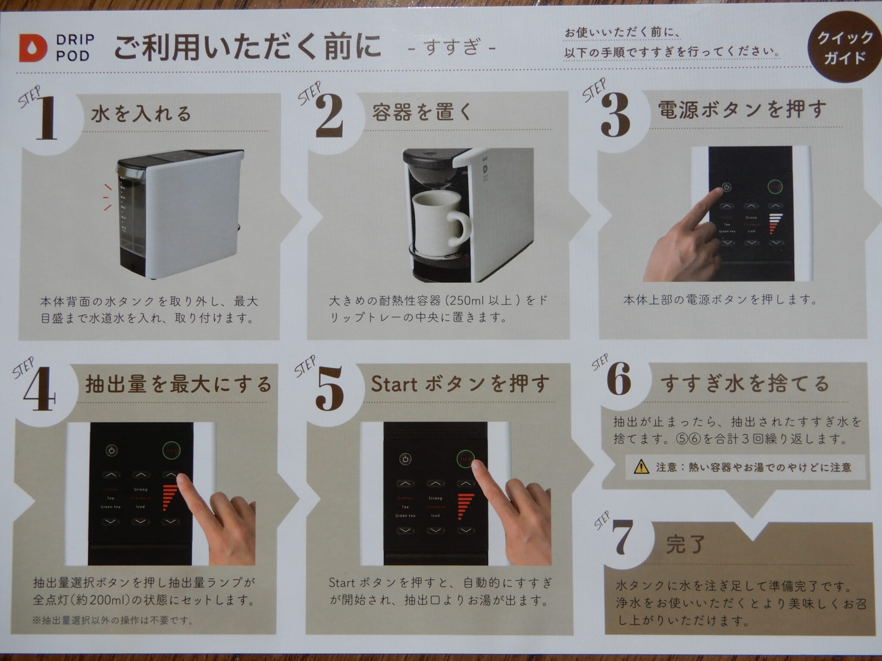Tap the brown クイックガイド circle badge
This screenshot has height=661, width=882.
click(844, 47)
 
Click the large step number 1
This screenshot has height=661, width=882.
click(47, 118)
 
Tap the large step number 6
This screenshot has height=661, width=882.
click(618, 379)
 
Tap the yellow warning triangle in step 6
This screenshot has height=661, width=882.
click(641, 466)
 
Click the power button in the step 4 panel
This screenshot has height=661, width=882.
click(112, 451)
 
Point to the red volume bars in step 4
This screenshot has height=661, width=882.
click(171, 497)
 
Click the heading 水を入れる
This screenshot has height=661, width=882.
click(141, 114)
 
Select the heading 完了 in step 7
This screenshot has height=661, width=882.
click(685, 545)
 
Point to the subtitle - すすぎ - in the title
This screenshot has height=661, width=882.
click(450, 47)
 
